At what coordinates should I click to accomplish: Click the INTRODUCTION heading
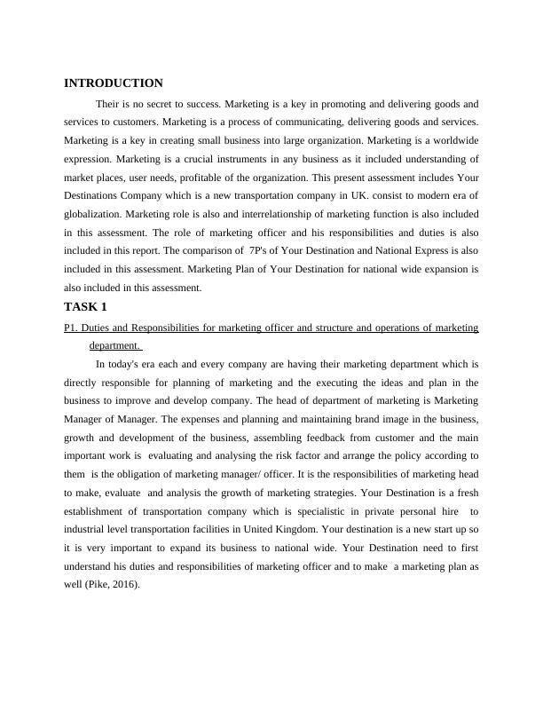coord(114,83)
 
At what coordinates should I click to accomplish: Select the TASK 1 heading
coord(85,307)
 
